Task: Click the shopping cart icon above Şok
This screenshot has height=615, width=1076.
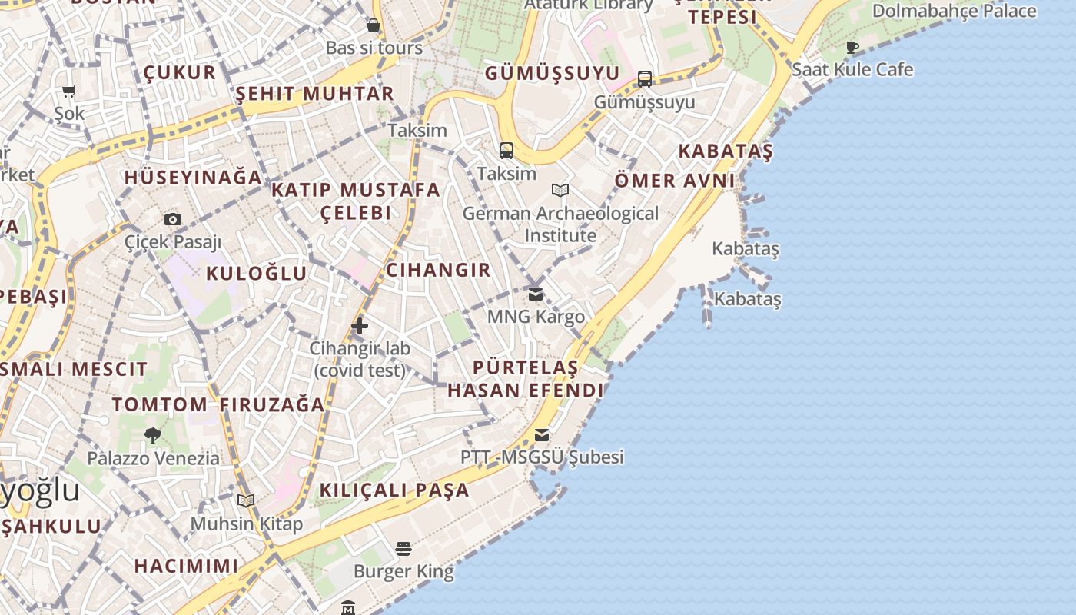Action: coord(69,91)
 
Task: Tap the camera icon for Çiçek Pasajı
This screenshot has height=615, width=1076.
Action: coord(173,219)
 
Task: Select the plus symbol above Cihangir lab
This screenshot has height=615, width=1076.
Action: coord(360,326)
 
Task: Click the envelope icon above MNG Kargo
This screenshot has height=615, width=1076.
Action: coord(536,294)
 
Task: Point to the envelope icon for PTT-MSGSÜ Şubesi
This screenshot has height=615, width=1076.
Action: coord(542,435)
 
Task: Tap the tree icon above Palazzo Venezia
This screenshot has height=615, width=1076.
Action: coord(153,435)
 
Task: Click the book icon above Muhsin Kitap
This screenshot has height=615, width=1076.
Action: coord(246,501)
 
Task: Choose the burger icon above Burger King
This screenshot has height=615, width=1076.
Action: coord(403,549)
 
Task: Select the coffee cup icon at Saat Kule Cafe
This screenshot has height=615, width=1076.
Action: coord(852,47)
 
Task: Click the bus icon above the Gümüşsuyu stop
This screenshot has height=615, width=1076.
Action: coord(645,79)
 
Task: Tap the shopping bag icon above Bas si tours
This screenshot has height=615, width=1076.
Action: coord(374,25)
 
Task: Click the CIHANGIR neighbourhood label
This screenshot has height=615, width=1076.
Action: coord(438,270)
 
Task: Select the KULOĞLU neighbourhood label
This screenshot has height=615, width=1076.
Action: coord(256,274)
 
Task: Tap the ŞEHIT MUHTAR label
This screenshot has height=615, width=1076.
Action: coord(314,94)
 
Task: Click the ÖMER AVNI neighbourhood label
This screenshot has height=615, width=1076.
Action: coord(674,181)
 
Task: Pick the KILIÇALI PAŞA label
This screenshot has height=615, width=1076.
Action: coord(394,490)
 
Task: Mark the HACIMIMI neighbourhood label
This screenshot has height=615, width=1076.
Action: coord(186,567)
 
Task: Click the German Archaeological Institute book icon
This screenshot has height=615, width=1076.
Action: coord(560,190)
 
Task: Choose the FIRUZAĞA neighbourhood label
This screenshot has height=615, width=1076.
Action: coord(272,405)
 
